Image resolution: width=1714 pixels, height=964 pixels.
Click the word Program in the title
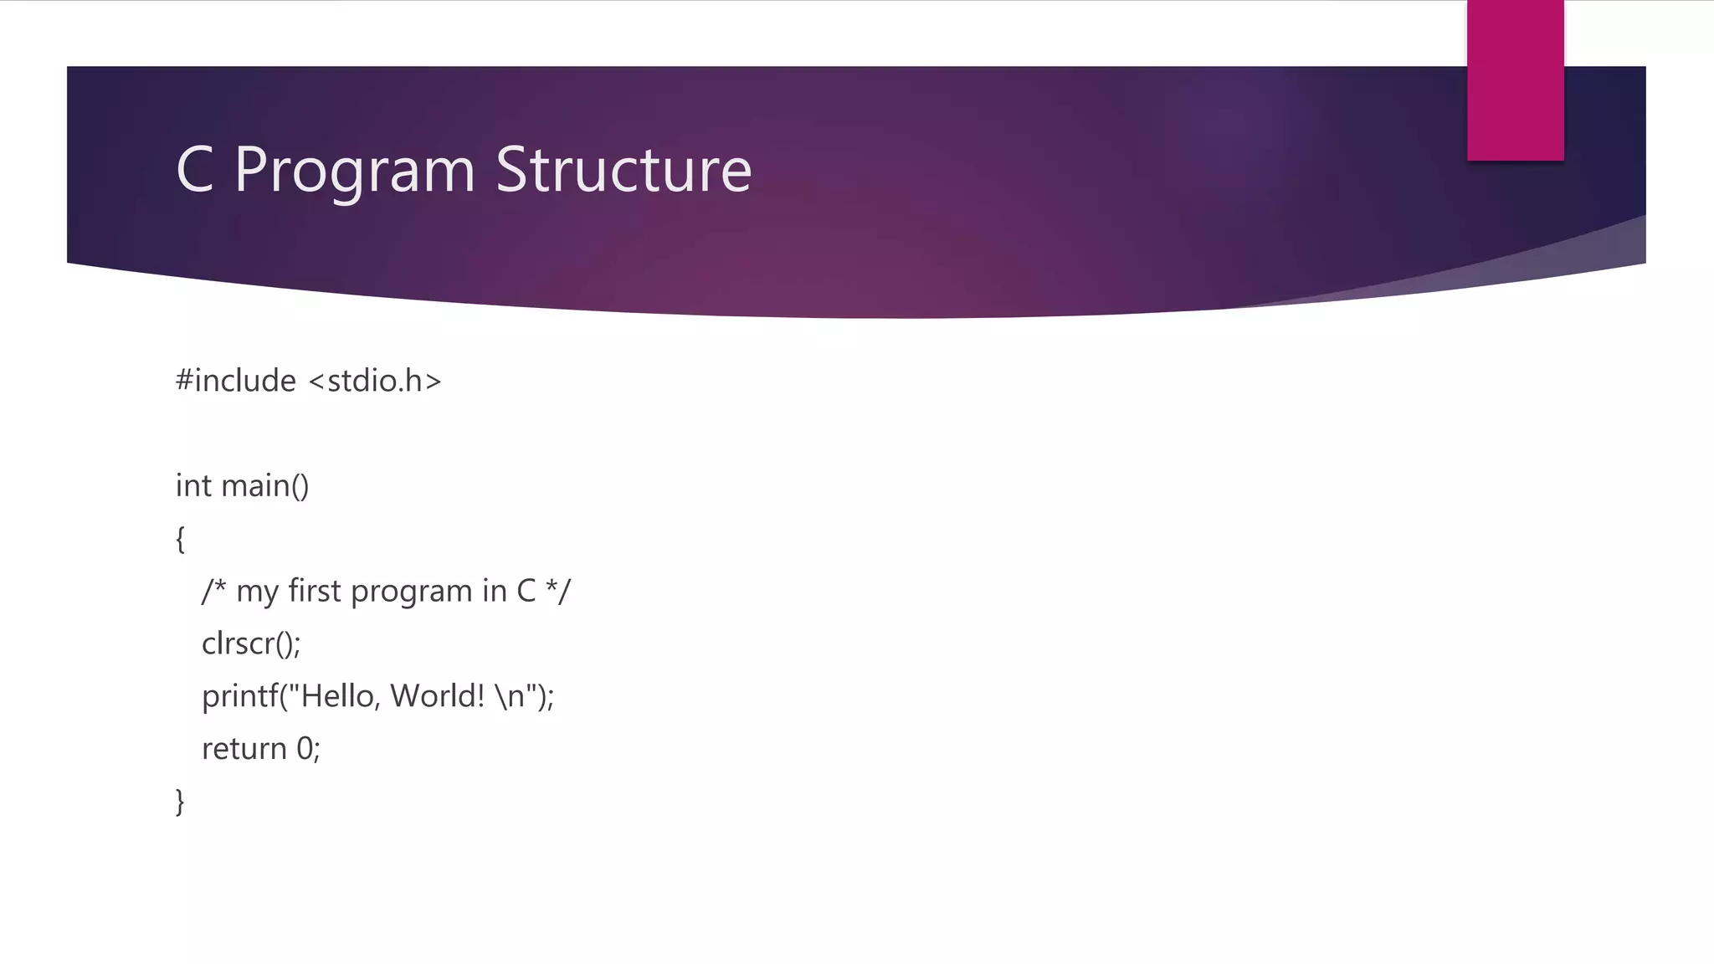355,171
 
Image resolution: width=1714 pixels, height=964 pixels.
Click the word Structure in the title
624,170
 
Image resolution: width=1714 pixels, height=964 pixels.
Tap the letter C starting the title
194,170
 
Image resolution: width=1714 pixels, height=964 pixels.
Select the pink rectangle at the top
1515,80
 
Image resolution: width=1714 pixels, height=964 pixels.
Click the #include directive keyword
236,381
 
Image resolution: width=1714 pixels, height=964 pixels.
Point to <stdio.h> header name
375,381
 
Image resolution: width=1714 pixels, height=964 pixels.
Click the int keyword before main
193,485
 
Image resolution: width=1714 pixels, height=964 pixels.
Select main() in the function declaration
265,486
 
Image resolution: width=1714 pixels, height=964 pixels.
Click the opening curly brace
180,539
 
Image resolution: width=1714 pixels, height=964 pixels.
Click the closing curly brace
180,802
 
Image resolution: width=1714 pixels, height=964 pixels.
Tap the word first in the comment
315,591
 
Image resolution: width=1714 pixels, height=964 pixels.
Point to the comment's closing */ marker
558,591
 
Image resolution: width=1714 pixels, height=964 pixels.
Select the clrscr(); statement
251,644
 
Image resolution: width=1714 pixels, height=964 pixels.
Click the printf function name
239,696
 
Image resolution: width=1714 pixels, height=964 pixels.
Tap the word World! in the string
438,695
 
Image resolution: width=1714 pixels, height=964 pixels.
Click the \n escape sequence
510,696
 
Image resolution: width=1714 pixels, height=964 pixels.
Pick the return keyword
244,749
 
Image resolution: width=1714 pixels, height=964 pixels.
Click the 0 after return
305,749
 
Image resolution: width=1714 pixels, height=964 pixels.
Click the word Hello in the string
337,695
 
